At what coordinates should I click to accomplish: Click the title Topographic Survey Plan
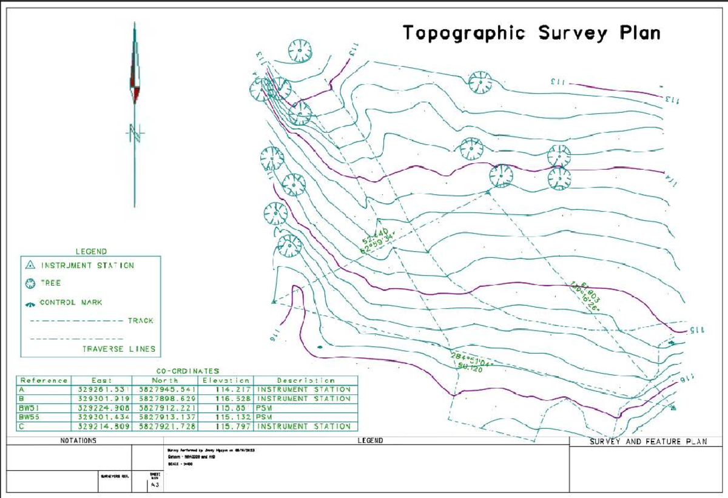[x=531, y=33]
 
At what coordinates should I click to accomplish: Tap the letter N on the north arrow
[x=135, y=133]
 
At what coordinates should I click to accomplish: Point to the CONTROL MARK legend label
[x=71, y=302]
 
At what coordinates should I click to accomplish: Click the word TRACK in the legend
[x=140, y=320]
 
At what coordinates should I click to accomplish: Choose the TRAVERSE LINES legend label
[x=119, y=349]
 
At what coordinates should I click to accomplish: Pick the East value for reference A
[x=101, y=389]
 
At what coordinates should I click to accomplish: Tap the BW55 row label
[x=29, y=417]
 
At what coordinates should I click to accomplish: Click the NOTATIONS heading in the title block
[x=79, y=441]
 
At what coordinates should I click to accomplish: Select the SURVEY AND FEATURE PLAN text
[x=648, y=442]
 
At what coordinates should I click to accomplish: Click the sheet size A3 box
[x=154, y=485]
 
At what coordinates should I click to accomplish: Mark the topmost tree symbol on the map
[x=299, y=50]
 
